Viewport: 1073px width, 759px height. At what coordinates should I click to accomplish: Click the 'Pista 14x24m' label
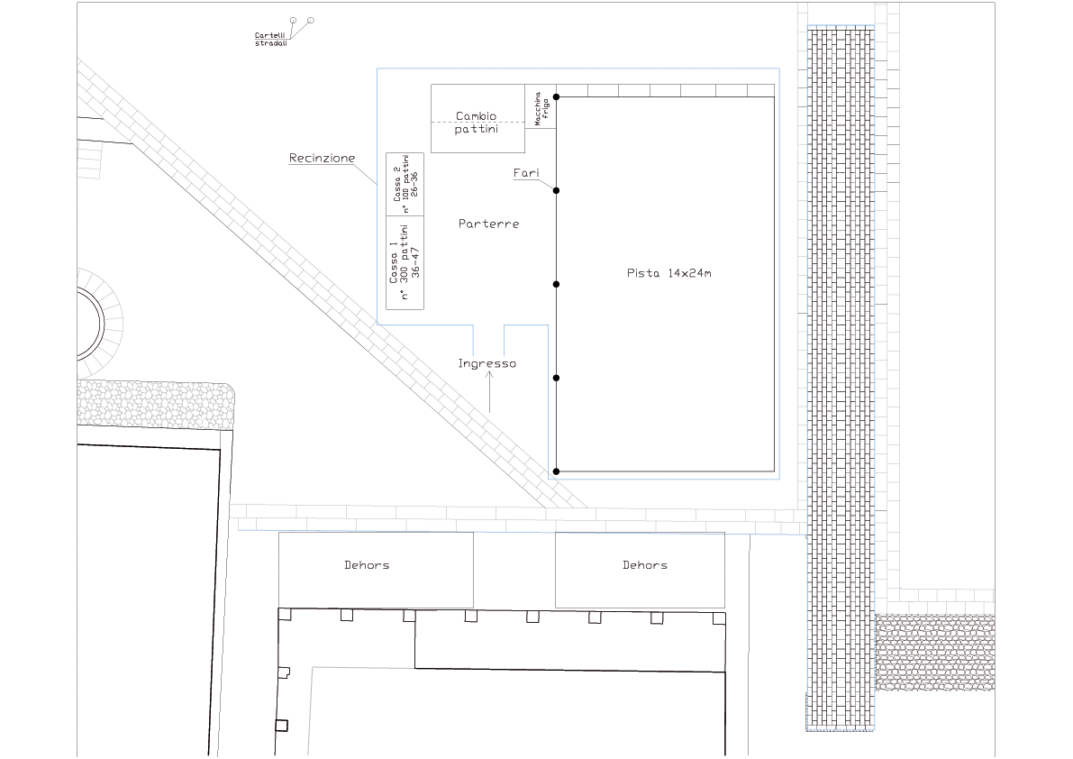pos(668,273)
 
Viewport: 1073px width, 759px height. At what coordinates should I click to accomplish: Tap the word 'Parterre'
pos(488,224)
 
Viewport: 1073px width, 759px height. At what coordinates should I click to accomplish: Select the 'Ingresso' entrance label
pos(487,363)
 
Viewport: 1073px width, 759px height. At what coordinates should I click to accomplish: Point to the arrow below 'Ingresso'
pos(489,392)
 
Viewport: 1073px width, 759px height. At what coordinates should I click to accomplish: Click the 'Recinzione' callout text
pos(322,158)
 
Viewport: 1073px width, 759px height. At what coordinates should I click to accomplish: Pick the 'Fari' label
pos(526,173)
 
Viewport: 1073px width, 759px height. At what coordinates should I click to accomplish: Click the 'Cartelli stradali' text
pos(271,39)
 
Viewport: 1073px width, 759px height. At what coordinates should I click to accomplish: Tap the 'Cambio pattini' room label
pos(477,123)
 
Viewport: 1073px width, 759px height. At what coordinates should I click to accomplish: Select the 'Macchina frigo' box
pos(541,106)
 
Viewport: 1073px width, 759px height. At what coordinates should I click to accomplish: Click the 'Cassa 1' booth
pos(405,263)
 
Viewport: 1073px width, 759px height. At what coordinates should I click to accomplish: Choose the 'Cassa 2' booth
pos(405,185)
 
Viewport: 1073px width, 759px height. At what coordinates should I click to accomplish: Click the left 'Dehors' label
pos(367,565)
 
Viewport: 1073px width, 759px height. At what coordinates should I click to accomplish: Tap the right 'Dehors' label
pos(645,565)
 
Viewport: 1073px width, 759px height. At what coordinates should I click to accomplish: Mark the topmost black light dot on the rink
pos(557,97)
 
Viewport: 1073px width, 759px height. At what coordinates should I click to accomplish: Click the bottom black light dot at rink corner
pos(557,471)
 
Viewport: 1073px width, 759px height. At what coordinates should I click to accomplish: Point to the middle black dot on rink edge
pos(557,284)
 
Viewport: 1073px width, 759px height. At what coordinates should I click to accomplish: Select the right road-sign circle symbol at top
pos(311,21)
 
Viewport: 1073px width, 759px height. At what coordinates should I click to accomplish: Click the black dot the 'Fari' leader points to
pos(557,190)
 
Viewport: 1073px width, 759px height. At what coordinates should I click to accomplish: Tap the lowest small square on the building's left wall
pos(281,726)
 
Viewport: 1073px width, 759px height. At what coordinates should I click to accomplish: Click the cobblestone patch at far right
pos(935,653)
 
